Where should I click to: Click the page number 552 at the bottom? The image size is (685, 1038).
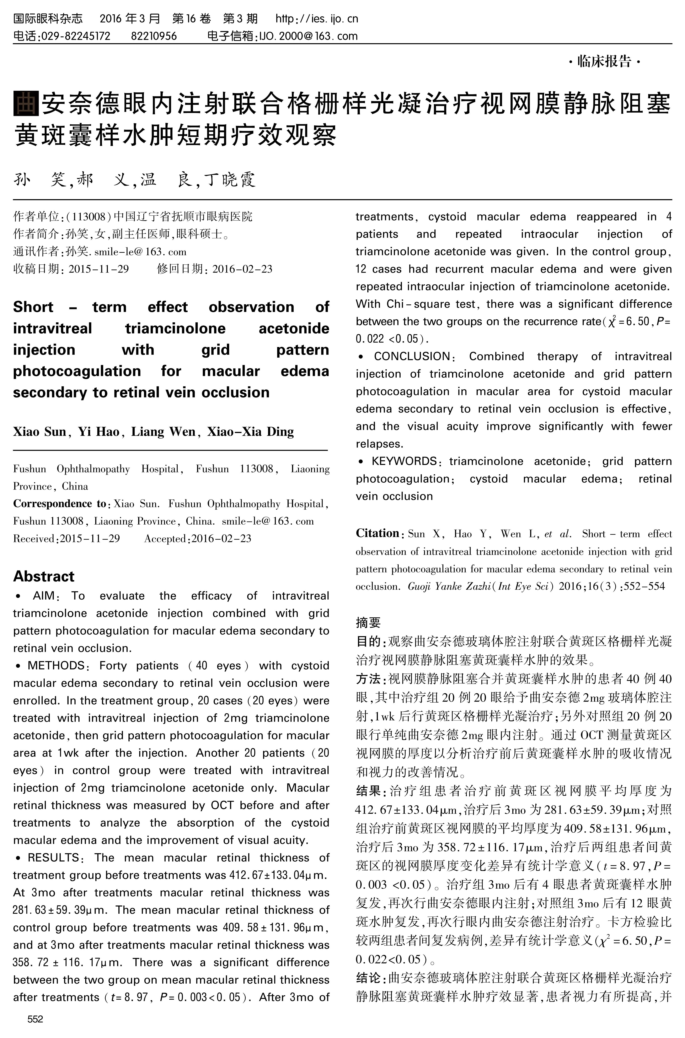pos(35,1019)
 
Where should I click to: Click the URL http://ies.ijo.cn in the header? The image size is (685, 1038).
pos(317,19)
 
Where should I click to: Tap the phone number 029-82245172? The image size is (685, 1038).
pos(75,36)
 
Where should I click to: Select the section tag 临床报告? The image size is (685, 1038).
pos(605,61)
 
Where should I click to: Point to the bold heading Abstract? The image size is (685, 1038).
pos(44,576)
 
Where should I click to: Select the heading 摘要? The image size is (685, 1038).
pos(368,622)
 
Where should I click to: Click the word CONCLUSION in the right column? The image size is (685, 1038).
pos(412,356)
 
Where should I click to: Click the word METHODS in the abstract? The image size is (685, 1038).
pos(56,665)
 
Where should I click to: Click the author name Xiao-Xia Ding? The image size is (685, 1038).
pos(250,432)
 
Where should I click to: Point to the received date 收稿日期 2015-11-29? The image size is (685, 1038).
pos(71,269)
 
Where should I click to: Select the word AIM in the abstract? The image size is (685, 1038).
pos(44,596)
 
